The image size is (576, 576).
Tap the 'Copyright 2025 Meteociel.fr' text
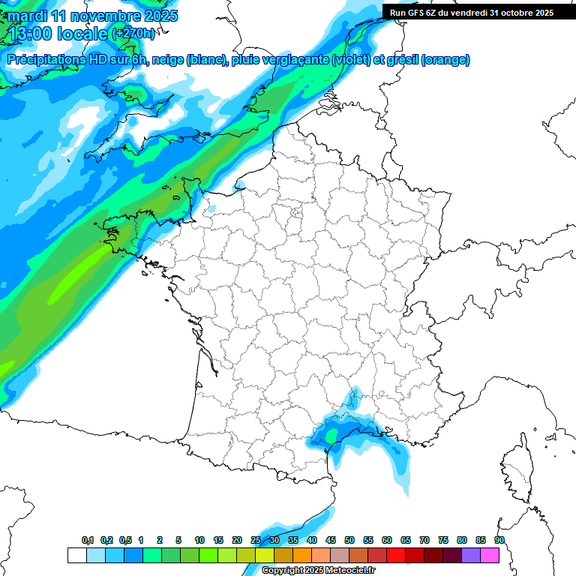(x=318, y=570)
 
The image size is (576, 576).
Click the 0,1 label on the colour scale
(x=88, y=540)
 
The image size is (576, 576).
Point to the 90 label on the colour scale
(x=499, y=540)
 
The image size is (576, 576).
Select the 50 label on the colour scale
(x=349, y=540)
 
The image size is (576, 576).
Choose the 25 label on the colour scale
(x=256, y=540)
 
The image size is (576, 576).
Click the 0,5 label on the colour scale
(x=125, y=540)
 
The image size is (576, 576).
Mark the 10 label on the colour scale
(x=199, y=540)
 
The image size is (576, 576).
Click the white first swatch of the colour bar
(x=76, y=555)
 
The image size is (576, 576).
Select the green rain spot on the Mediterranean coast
(x=331, y=435)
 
